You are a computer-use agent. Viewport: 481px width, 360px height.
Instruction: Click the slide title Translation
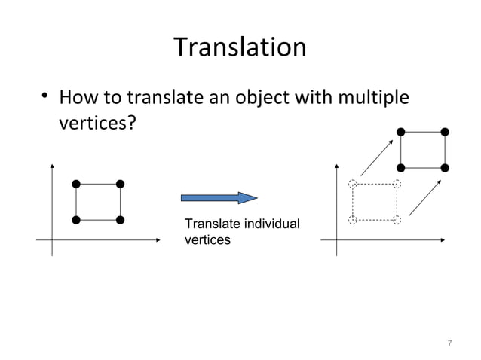point(240,48)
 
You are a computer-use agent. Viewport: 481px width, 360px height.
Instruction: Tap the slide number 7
point(449,343)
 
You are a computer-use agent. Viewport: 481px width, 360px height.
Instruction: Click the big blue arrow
point(219,198)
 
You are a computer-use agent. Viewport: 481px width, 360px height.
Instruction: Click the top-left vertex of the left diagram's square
point(76,183)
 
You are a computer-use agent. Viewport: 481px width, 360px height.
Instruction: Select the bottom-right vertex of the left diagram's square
point(120,220)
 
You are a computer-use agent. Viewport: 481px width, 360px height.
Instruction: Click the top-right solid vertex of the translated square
point(446,132)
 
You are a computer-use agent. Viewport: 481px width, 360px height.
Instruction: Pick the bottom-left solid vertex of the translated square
point(401,167)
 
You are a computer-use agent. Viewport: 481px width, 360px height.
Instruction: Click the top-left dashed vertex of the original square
point(352,183)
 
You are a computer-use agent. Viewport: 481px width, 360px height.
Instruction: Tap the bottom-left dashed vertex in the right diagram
point(352,220)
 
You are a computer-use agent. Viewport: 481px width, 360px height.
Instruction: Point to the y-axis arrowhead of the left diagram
point(52,165)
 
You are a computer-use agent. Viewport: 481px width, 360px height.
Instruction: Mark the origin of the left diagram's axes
point(52,241)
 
